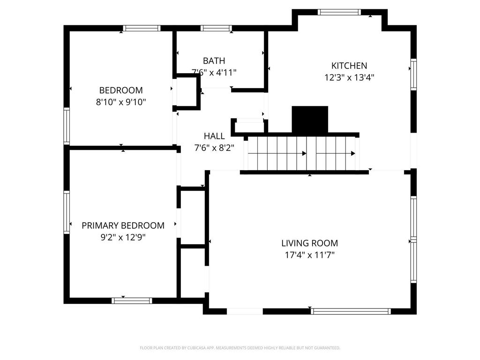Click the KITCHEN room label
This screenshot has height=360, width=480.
(x=349, y=66)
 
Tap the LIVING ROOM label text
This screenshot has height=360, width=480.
(x=309, y=243)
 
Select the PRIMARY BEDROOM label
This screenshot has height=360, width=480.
(x=123, y=225)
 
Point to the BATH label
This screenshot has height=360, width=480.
(x=214, y=60)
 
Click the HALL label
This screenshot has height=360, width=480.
(x=214, y=136)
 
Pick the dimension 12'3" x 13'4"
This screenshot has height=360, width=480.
(x=349, y=78)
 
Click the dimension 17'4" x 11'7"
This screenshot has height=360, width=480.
(x=309, y=255)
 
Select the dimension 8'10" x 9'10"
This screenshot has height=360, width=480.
(x=121, y=102)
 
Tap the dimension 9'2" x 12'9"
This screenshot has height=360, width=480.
(x=123, y=238)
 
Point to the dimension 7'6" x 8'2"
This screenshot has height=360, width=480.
(x=214, y=147)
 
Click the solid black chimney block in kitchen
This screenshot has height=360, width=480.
(x=310, y=120)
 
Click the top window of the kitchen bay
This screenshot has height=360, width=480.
(x=339, y=12)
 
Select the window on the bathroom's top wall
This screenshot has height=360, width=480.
(x=216, y=28)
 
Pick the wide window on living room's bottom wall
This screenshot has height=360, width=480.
(x=351, y=311)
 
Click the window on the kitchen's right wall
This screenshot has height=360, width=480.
(x=413, y=74)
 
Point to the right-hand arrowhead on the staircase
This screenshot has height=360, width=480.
(x=352, y=153)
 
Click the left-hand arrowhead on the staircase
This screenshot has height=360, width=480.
(x=304, y=153)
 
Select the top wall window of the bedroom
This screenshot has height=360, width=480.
(x=142, y=28)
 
